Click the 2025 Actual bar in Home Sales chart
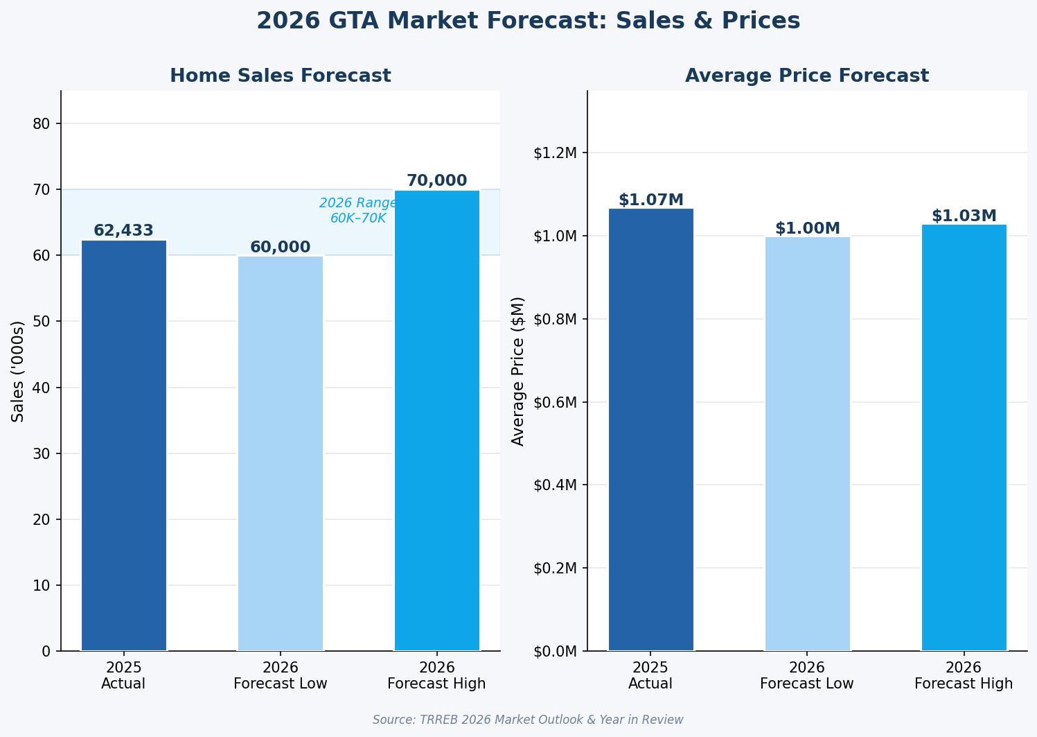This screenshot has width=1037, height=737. pyautogui.click(x=124, y=445)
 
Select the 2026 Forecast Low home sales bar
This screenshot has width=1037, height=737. pyautogui.click(x=281, y=453)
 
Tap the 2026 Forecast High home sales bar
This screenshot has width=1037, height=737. pyautogui.click(x=437, y=420)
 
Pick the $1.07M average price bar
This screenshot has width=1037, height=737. pyautogui.click(x=650, y=429)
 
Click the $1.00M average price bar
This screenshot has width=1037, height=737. pyautogui.click(x=807, y=444)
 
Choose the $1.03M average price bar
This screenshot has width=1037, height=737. pyautogui.click(x=964, y=437)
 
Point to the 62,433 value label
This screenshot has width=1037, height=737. pyautogui.click(x=124, y=231)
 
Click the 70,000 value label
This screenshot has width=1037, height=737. pyautogui.click(x=437, y=181)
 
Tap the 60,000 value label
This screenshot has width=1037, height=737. pyautogui.click(x=281, y=248)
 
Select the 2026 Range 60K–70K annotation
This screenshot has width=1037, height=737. pyautogui.click(x=358, y=211)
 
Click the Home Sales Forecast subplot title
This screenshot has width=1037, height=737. pyautogui.click(x=281, y=76)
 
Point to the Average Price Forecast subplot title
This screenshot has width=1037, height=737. pyautogui.click(x=807, y=76)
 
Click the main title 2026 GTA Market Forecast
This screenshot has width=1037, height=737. pyautogui.click(x=528, y=21)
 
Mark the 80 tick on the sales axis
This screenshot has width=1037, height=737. pyautogui.click(x=42, y=124)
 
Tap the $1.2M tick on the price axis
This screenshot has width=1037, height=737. pyautogui.click(x=556, y=153)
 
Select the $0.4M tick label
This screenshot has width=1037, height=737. pyautogui.click(x=556, y=485)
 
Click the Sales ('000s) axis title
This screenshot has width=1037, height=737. pyautogui.click(x=19, y=371)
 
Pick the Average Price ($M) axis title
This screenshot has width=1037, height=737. pyautogui.click(x=518, y=371)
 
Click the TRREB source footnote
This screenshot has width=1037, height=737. pyautogui.click(x=528, y=720)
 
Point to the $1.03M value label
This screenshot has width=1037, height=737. pyautogui.click(x=964, y=216)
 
